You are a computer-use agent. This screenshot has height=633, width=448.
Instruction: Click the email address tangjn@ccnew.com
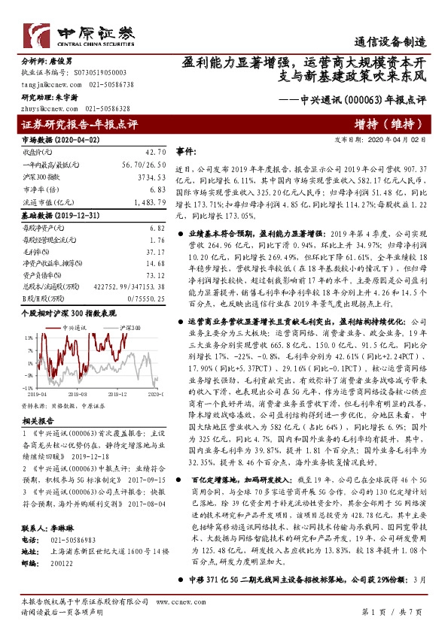pos(46,85)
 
